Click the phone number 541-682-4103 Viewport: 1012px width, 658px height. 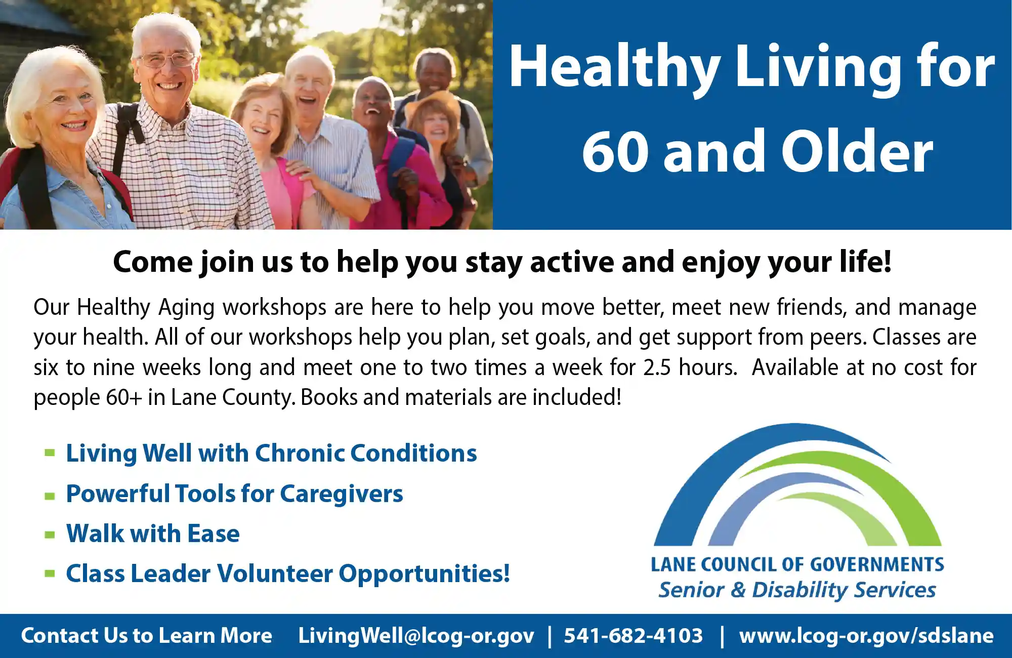tap(633, 636)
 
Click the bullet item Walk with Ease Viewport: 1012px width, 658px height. tap(153, 533)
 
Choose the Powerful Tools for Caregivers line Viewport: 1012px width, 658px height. tap(235, 494)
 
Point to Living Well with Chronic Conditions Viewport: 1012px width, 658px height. tap(272, 453)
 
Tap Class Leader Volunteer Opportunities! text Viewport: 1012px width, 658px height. tap(288, 574)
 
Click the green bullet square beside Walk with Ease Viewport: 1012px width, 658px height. tap(50, 535)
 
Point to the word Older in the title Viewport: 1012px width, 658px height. tap(857, 150)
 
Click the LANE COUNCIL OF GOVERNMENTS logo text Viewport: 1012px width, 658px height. tap(797, 564)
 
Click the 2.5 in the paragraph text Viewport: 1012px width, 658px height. tap(657, 367)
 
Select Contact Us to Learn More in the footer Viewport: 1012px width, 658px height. tap(146, 636)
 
